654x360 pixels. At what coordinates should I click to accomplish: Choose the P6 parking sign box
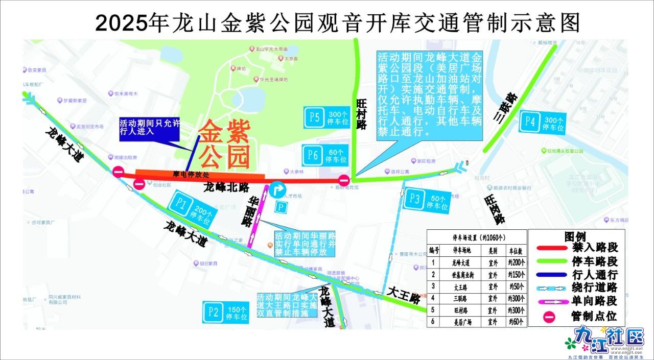click(x=325, y=156)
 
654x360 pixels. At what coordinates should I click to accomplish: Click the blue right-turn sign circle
click(x=278, y=190)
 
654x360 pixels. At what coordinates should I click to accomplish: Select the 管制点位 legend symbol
click(x=550, y=317)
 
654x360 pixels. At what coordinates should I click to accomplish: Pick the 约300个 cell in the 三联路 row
click(x=515, y=298)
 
